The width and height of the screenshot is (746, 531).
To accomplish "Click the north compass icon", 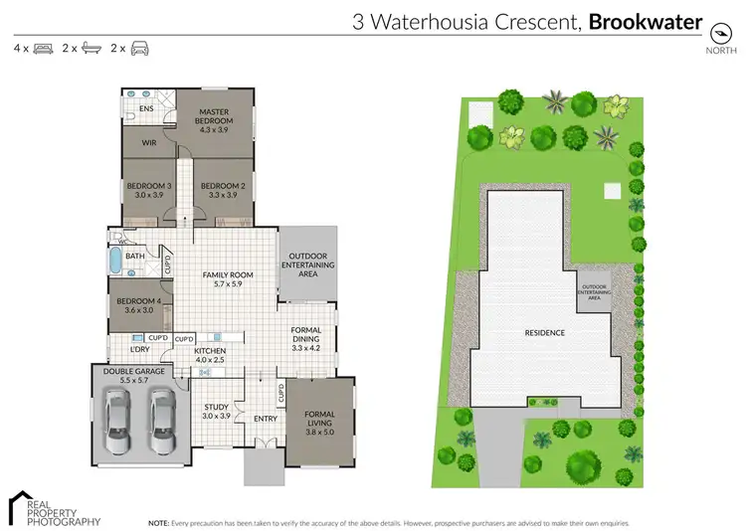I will click(720, 28).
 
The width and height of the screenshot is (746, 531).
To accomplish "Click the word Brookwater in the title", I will click(646, 22).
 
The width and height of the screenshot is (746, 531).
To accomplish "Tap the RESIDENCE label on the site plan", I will click(545, 332).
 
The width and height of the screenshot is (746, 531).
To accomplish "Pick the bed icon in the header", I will click(43, 48).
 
